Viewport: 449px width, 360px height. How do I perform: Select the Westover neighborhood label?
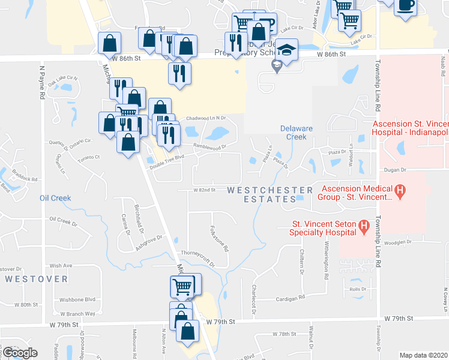tap(37, 279)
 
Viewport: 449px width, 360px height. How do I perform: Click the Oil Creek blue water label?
tap(55, 198)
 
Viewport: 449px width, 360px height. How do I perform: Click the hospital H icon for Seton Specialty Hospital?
tap(363, 227)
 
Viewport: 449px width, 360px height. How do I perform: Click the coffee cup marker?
tap(406, 5)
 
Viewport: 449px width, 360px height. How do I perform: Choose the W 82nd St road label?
tap(204, 190)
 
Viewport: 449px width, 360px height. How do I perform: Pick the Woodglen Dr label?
tap(397, 242)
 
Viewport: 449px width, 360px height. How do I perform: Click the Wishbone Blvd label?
tap(77, 299)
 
